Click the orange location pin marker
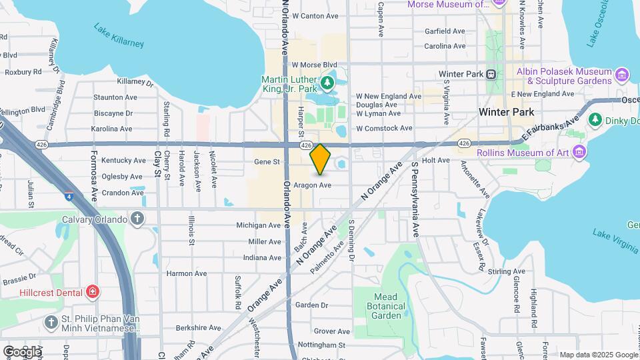[x=321, y=159]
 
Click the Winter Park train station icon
[x=491, y=74]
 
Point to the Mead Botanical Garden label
[x=381, y=306]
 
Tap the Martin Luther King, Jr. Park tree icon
[x=327, y=83]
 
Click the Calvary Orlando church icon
[x=137, y=219]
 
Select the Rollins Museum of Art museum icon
[x=579, y=153]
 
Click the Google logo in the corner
[x=22, y=351]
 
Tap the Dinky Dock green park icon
[x=595, y=121]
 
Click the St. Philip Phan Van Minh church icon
[x=51, y=323]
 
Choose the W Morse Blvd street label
[x=315, y=65]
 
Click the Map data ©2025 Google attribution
[x=599, y=355]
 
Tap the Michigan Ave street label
[x=259, y=225]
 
